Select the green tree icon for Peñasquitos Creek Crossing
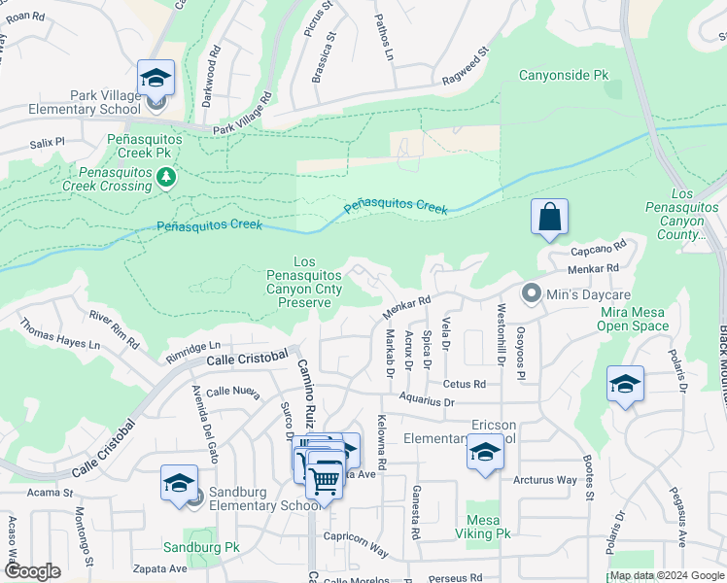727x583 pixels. click(x=167, y=176)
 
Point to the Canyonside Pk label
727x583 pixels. click(x=563, y=74)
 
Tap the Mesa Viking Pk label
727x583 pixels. click(x=489, y=527)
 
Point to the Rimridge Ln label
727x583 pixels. click(x=194, y=347)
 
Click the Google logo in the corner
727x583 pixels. click(x=32, y=571)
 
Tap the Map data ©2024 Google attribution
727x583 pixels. click(x=666, y=575)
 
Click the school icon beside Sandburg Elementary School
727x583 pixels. click(x=180, y=484)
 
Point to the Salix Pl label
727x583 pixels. click(x=47, y=142)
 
